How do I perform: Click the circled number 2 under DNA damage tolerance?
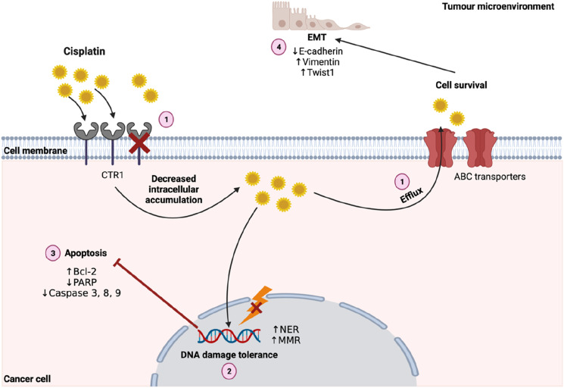coord(229,371)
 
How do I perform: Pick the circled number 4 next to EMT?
coord(278,48)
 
